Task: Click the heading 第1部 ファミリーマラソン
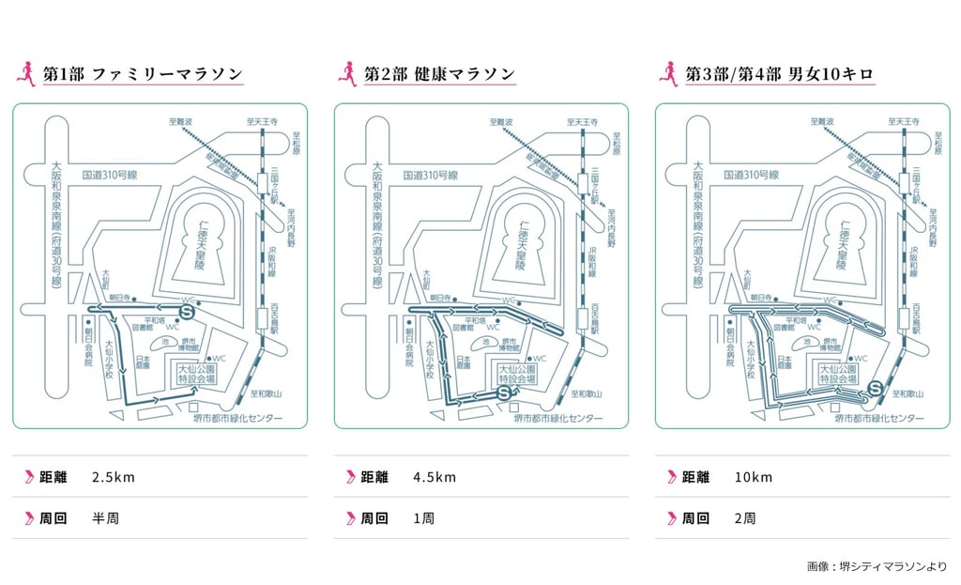(x=143, y=74)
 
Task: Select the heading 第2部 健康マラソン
(x=439, y=74)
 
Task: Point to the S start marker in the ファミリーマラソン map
(x=187, y=309)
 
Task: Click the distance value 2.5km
(x=114, y=477)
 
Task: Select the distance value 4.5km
(x=435, y=477)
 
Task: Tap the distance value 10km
(x=755, y=477)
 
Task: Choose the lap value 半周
(x=105, y=518)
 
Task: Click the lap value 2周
(x=746, y=518)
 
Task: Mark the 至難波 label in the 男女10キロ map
(x=825, y=121)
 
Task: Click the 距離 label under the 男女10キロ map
(x=695, y=477)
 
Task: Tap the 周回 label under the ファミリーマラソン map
(x=53, y=518)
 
